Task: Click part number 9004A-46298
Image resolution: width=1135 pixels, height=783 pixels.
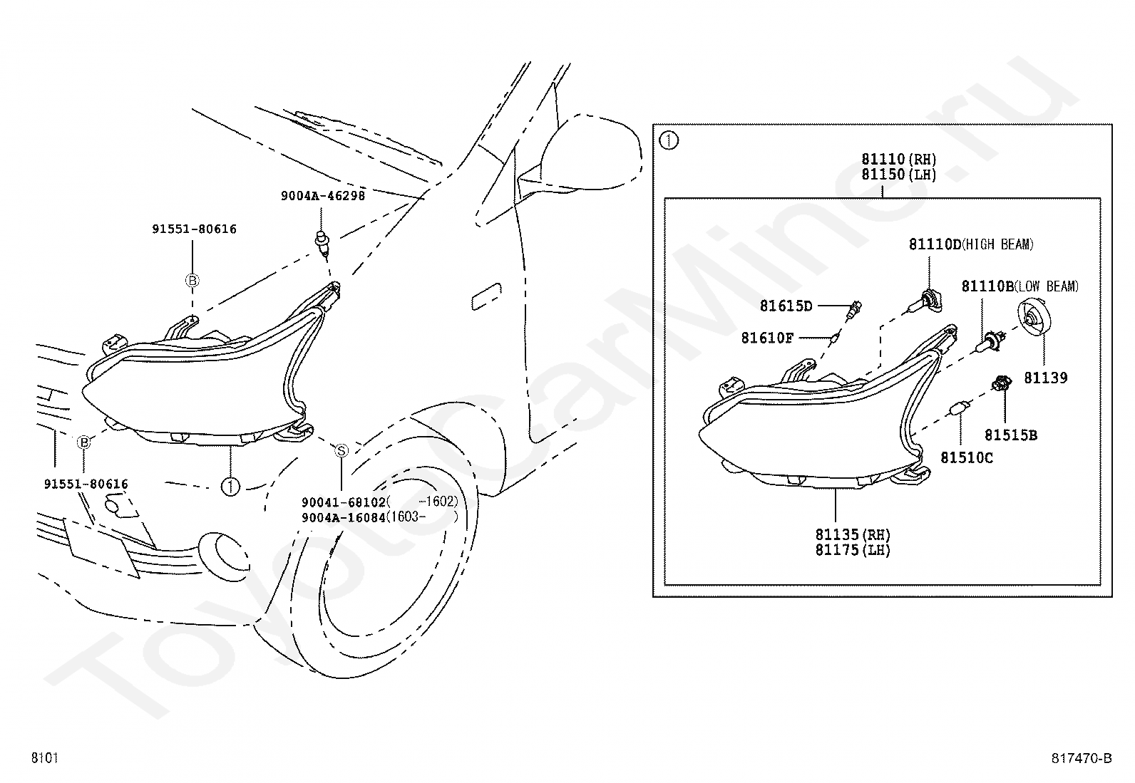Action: (x=322, y=195)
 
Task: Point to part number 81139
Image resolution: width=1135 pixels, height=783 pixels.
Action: (x=1046, y=378)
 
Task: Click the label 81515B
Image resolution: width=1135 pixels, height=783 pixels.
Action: (x=1011, y=435)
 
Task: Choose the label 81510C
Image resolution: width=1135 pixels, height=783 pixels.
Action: (x=966, y=457)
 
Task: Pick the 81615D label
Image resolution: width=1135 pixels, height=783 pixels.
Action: (x=786, y=306)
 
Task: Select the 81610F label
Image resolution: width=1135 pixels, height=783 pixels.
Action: (x=767, y=338)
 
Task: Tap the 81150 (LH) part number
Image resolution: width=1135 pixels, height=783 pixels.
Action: (x=898, y=175)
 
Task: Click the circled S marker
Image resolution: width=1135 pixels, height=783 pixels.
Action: (x=341, y=450)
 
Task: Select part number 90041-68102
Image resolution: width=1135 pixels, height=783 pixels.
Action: (x=344, y=502)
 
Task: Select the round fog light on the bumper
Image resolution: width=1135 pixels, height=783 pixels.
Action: (x=221, y=552)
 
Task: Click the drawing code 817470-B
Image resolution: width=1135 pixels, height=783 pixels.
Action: (x=1081, y=758)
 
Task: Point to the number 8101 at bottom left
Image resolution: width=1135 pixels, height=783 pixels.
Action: (x=44, y=758)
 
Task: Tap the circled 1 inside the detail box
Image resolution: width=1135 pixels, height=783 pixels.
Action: (x=669, y=140)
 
